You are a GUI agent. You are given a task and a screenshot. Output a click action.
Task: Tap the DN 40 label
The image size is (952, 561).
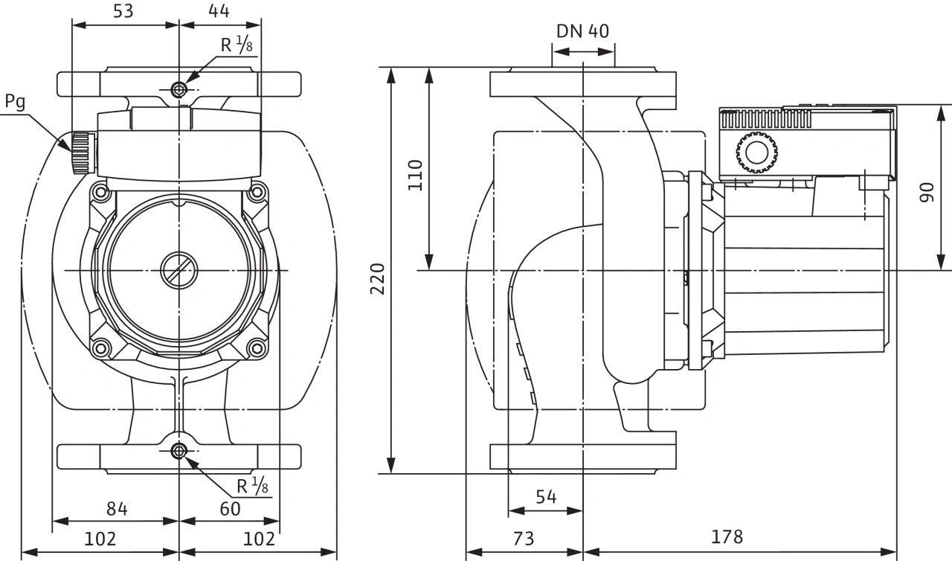tap(582, 31)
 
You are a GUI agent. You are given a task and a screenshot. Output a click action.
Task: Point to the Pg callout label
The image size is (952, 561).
tap(15, 101)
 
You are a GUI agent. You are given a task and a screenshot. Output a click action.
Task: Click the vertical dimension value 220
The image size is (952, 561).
tap(379, 278)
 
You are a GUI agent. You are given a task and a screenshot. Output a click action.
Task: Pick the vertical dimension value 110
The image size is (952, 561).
tap(416, 175)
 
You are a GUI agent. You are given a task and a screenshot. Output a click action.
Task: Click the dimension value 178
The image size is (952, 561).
tap(727, 536)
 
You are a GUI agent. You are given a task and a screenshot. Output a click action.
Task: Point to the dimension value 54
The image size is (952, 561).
tap(546, 496)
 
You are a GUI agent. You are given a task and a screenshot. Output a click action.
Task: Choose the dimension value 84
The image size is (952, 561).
tap(117, 509)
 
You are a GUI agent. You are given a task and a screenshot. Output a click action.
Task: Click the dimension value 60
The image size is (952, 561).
tap(231, 509)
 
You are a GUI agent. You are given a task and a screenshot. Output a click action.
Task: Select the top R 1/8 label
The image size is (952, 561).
tap(237, 45)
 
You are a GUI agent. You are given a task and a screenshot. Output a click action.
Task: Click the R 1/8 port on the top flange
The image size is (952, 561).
tap(179, 90)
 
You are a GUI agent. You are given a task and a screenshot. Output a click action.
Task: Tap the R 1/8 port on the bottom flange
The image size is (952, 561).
tap(179, 451)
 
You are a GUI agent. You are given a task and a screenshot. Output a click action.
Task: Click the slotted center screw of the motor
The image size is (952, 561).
tap(178, 269)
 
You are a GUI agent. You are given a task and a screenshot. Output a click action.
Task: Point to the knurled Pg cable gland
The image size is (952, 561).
tap(81, 153)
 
